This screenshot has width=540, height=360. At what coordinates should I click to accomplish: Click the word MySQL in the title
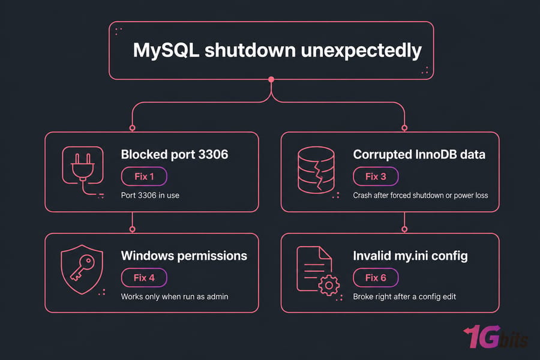(x=166, y=50)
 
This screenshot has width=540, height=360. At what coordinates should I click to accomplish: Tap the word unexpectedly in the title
(x=361, y=51)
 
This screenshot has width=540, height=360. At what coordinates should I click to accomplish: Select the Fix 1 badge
(x=144, y=176)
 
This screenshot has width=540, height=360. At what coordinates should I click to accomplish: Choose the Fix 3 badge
(x=376, y=176)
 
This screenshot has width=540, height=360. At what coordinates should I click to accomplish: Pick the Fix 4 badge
(x=144, y=278)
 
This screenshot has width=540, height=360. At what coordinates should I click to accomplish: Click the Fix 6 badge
(x=376, y=278)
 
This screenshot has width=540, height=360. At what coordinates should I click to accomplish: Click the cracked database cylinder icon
(x=316, y=170)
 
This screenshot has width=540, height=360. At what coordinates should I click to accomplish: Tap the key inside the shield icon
(x=82, y=268)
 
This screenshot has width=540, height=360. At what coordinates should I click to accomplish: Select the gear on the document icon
(x=329, y=285)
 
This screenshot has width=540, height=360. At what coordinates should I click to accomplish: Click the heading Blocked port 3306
(x=174, y=154)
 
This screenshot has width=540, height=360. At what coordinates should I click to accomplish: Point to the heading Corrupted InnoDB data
(x=419, y=154)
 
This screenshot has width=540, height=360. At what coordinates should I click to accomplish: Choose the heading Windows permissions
(x=184, y=256)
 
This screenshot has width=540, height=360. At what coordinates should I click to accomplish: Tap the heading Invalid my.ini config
(x=410, y=256)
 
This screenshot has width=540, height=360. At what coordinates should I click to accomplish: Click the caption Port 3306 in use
(x=150, y=196)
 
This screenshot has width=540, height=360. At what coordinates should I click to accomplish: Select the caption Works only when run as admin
(x=175, y=296)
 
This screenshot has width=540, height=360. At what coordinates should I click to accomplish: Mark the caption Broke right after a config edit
(x=404, y=296)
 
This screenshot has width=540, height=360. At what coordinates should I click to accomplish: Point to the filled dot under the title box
(x=271, y=80)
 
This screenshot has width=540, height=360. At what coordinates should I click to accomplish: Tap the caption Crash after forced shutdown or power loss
(x=421, y=196)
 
